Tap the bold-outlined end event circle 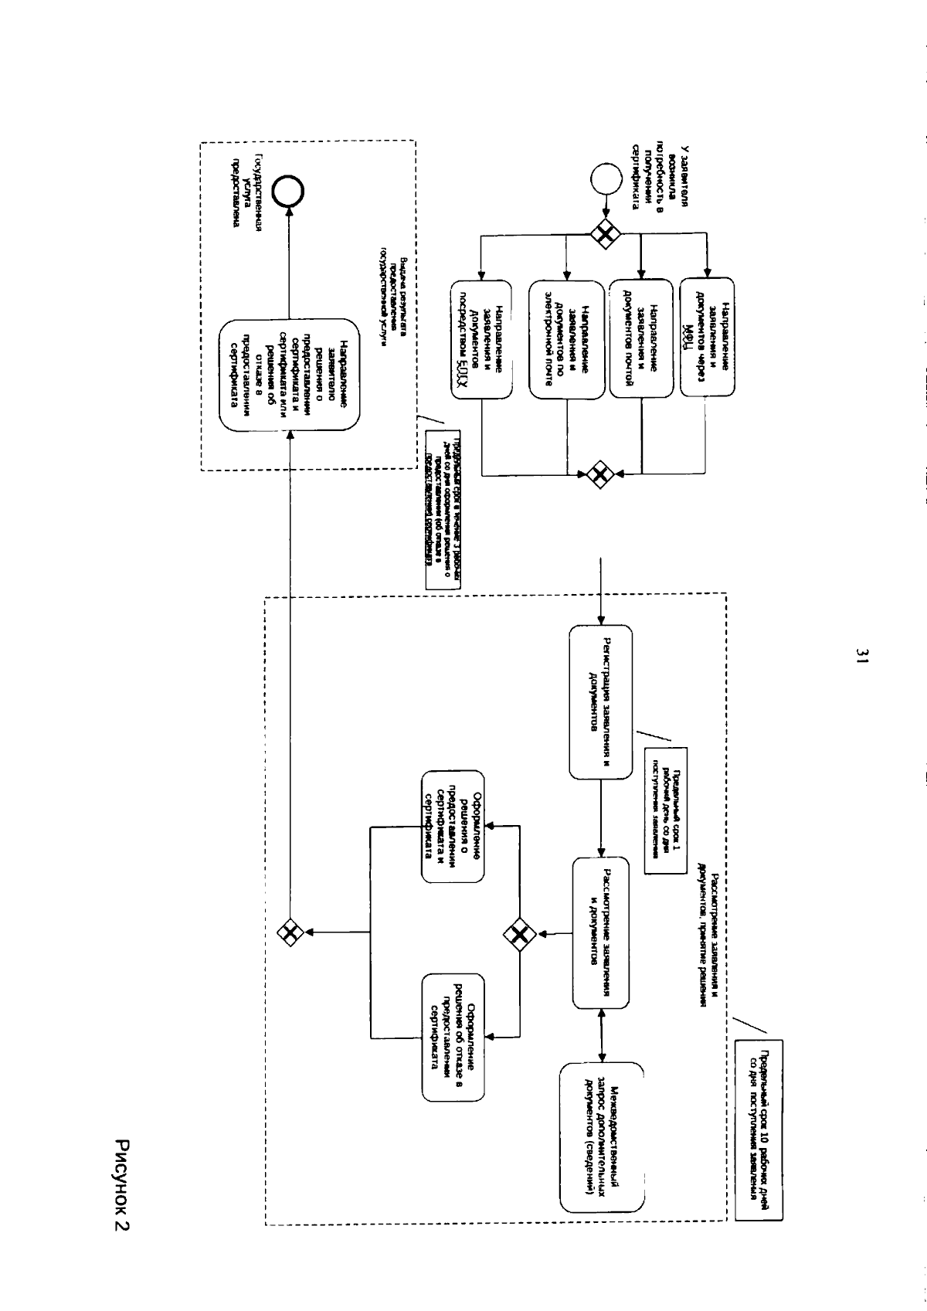(x=295, y=191)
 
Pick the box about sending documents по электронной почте (x=567, y=338)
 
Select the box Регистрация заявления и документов (x=600, y=702)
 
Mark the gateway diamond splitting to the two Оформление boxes (x=521, y=936)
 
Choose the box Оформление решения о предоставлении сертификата (x=453, y=825)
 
